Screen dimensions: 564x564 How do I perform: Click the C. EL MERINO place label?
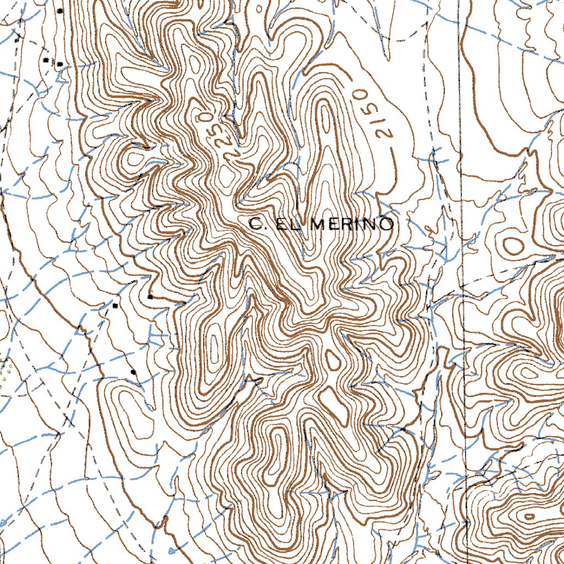(322, 224)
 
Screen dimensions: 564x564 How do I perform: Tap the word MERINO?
(352, 224)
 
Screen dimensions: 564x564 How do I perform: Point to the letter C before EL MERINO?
(255, 224)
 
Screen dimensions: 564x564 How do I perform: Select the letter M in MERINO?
(322, 224)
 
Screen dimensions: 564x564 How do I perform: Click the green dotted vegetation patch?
(6, 375)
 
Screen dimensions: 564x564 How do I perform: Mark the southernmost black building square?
(134, 372)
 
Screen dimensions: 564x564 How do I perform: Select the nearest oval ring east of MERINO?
(512, 244)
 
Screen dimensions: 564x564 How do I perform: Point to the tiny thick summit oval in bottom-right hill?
(529, 517)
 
